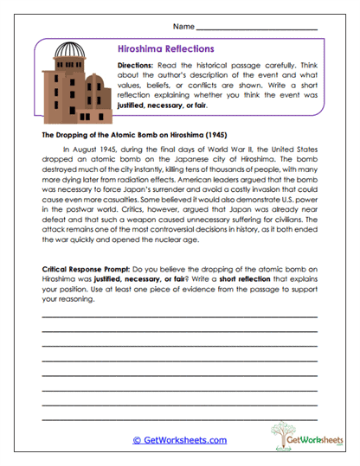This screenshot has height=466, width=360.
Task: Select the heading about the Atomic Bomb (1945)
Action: tap(133, 136)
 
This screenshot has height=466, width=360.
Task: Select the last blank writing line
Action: tap(179, 418)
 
